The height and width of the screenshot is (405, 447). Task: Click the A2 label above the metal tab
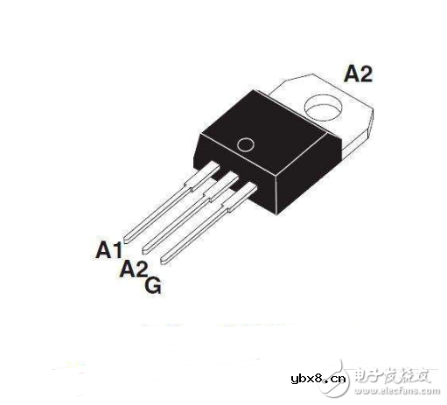(358, 74)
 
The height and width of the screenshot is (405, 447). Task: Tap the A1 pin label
(108, 251)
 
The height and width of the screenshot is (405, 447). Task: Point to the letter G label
(152, 285)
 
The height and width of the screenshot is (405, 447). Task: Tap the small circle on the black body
(246, 144)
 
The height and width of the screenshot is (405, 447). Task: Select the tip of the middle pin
(150, 248)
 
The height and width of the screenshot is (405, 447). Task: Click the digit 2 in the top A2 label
(366, 74)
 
